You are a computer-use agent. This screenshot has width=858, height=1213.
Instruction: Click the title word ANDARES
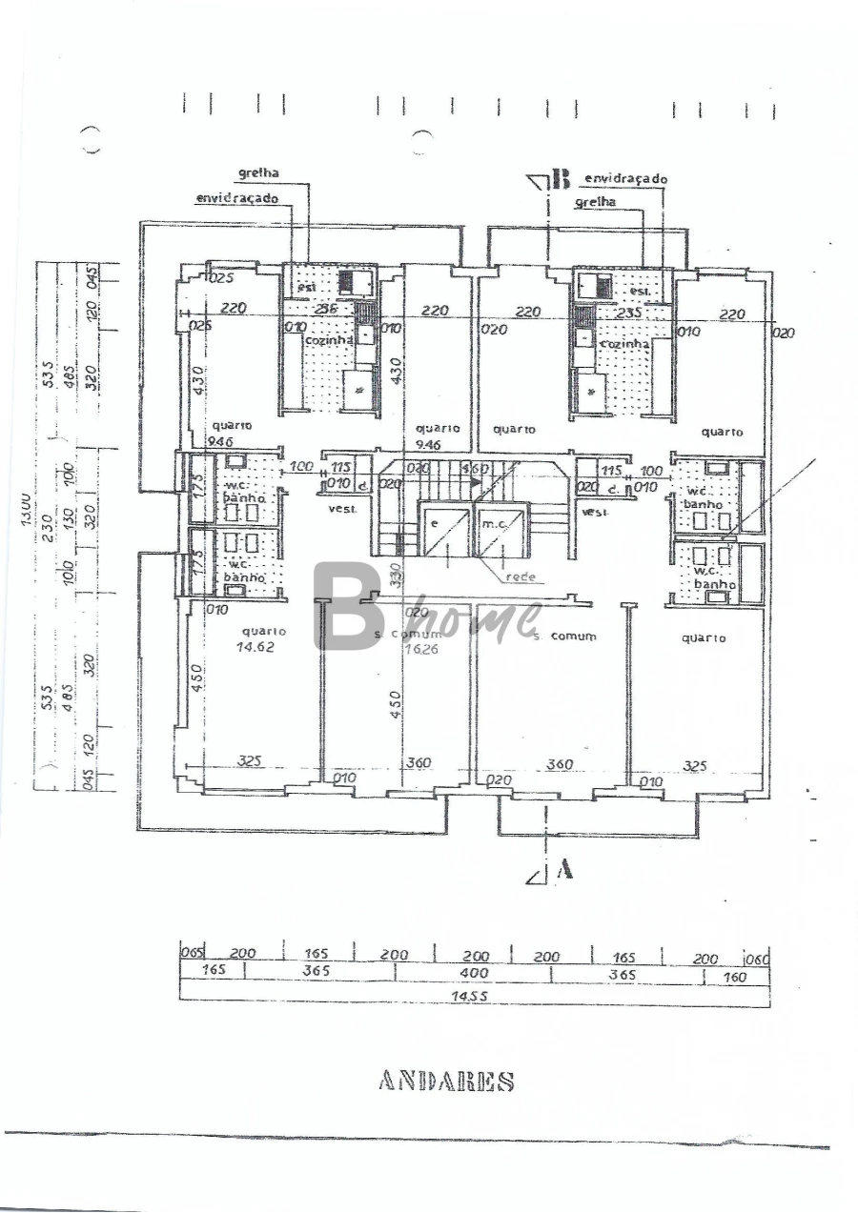[x=446, y=1082]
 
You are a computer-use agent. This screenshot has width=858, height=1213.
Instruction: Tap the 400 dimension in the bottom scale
[x=474, y=973]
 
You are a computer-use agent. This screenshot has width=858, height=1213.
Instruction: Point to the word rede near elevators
[x=520, y=576]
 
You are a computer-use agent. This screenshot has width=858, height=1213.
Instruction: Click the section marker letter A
[x=564, y=868]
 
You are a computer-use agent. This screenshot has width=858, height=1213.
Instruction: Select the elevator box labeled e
[x=442, y=534]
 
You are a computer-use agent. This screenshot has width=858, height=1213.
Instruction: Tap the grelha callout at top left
[x=258, y=173]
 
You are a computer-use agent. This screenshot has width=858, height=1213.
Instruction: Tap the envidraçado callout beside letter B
[x=625, y=178]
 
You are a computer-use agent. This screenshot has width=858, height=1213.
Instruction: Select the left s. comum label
[x=408, y=634]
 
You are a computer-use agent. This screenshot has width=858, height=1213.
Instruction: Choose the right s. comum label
[x=565, y=636]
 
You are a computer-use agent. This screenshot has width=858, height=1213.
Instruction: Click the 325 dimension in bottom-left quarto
[x=250, y=761]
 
